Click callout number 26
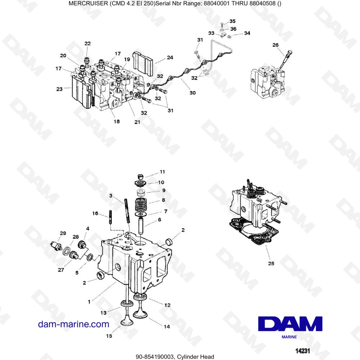(275, 45)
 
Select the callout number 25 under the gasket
(271, 264)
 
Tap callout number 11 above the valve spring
(162, 172)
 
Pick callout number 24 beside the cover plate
(170, 57)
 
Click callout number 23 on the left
(59, 89)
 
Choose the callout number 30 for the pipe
(193, 93)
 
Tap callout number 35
(233, 21)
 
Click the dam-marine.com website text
(73, 324)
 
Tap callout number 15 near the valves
(109, 336)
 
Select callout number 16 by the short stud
(95, 213)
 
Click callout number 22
(87, 44)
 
